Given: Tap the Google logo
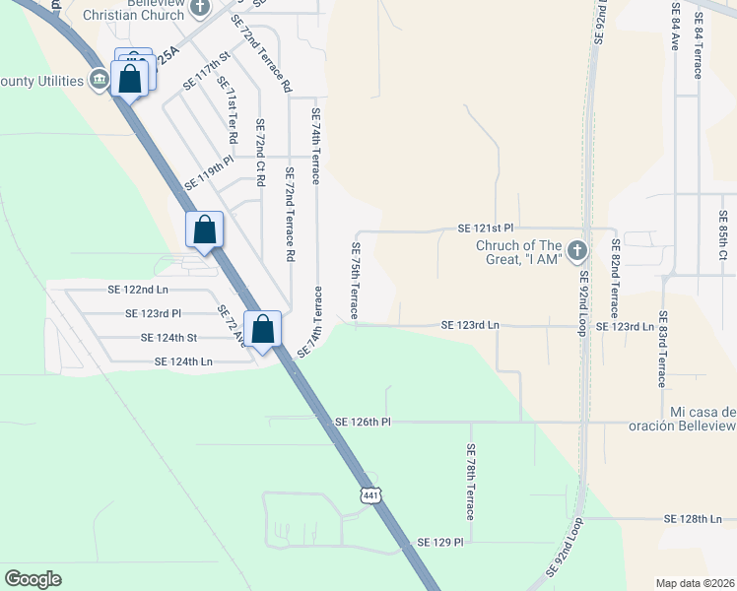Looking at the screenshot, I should (x=33, y=579).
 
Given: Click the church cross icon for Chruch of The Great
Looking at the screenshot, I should (x=576, y=250).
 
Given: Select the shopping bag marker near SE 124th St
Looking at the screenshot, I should (x=263, y=329).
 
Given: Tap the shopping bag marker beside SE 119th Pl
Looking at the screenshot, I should (x=204, y=230).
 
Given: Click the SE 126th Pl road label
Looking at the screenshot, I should (x=363, y=422).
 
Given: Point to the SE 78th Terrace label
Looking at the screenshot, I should (x=471, y=482).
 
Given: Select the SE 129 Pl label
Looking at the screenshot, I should (x=439, y=542).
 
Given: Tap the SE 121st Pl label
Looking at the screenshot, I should (x=486, y=228).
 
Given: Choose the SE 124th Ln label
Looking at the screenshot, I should (x=183, y=361).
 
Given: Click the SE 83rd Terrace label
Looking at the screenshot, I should (x=663, y=350).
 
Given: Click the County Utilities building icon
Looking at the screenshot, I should (x=99, y=81).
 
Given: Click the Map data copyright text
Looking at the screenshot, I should (x=695, y=583).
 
